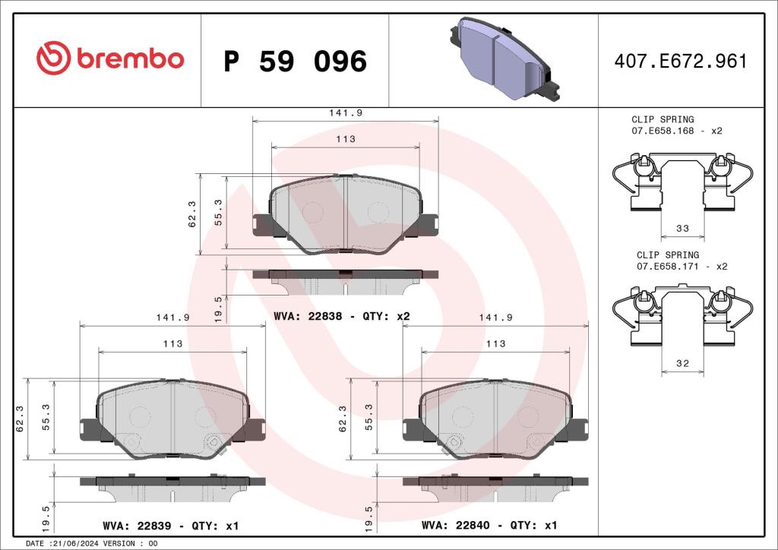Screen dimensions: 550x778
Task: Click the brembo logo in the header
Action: [109, 59]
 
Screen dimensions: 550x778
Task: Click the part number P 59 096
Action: [295, 62]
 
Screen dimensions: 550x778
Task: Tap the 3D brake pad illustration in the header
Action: [501, 59]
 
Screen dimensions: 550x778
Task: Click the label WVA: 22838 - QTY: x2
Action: [342, 316]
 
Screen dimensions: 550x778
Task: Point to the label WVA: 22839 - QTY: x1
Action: [171, 526]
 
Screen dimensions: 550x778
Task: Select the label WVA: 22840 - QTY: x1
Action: [489, 526]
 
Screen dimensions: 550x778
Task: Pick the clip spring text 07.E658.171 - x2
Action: [682, 266]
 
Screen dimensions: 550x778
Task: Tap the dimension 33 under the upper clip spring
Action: [682, 228]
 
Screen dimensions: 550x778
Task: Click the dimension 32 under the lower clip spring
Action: [682, 364]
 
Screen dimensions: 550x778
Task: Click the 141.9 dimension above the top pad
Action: [346, 112]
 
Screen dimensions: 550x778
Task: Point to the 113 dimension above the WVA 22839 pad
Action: [172, 343]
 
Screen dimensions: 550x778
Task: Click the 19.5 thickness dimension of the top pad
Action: [219, 309]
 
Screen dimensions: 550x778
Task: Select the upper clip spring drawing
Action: [682, 182]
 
